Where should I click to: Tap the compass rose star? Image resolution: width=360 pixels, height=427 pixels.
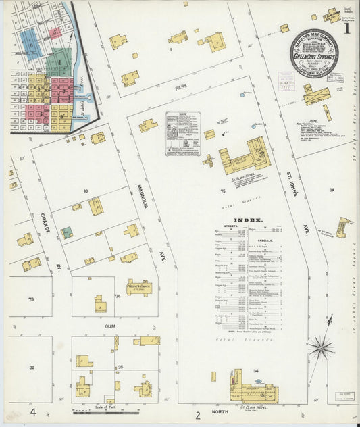coord(320,349)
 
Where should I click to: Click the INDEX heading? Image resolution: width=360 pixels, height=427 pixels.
coord(248,220)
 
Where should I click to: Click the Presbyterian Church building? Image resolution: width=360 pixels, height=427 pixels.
coord(139,287)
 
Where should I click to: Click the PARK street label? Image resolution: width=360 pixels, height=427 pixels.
coord(180,87)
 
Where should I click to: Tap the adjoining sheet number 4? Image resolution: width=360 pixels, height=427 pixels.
coord(32,411)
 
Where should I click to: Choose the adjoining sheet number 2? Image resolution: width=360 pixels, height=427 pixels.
coord(198,414)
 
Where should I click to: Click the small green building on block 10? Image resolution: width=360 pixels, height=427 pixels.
coord(67,233)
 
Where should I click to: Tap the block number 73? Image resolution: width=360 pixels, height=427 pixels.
coord(31,298)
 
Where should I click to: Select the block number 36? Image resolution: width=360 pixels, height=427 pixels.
coord(32,367)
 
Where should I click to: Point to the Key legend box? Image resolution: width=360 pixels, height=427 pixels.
coord(184,134)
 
